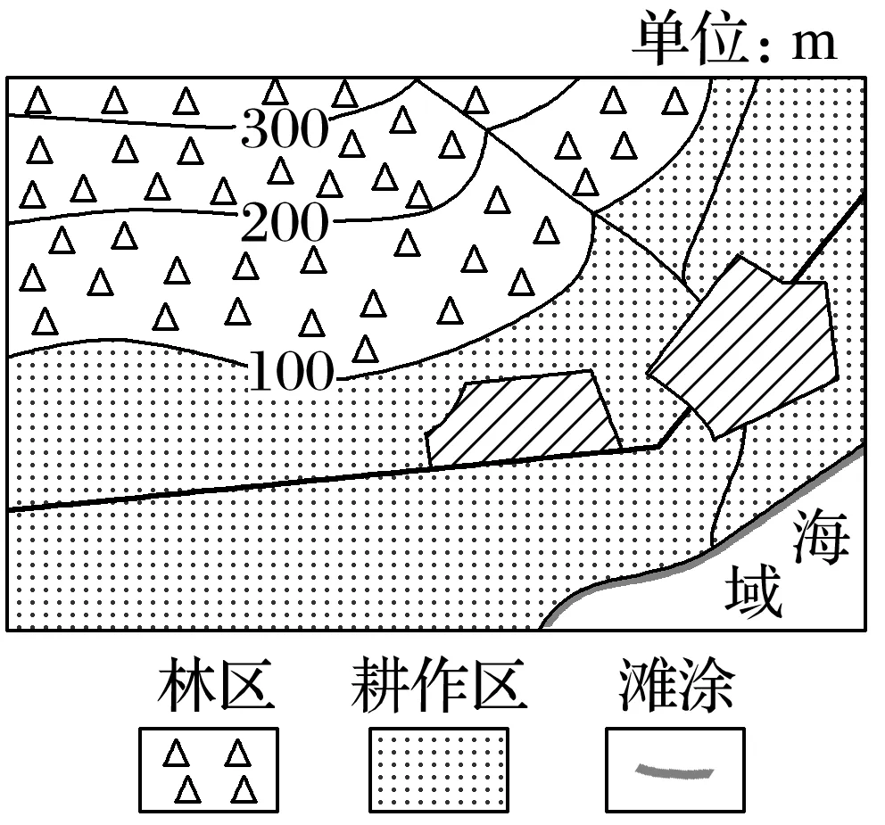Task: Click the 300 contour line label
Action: pyautogui.click(x=285, y=128)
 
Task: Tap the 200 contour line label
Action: pyautogui.click(x=285, y=222)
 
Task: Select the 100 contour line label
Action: pyautogui.click(x=291, y=371)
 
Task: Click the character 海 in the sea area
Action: pyautogui.click(x=821, y=536)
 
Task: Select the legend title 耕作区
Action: pyautogui.click(x=439, y=684)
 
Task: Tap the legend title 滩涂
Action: pyautogui.click(x=676, y=684)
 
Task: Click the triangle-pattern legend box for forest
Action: pyautogui.click(x=209, y=770)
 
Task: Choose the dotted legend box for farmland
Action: pyautogui.click(x=439, y=770)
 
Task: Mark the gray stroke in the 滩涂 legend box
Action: pyautogui.click(x=674, y=771)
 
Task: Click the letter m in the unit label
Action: pyautogui.click(x=814, y=44)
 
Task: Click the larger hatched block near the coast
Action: pyautogui.click(x=743, y=347)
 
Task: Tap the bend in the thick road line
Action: pyautogui.click(x=658, y=446)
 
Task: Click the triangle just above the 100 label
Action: pyautogui.click(x=365, y=349)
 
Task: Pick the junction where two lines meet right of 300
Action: pyautogui.click(x=488, y=130)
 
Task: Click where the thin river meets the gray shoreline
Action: pyautogui.click(x=712, y=546)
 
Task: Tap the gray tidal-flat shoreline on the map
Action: pyautogui.click(x=699, y=556)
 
